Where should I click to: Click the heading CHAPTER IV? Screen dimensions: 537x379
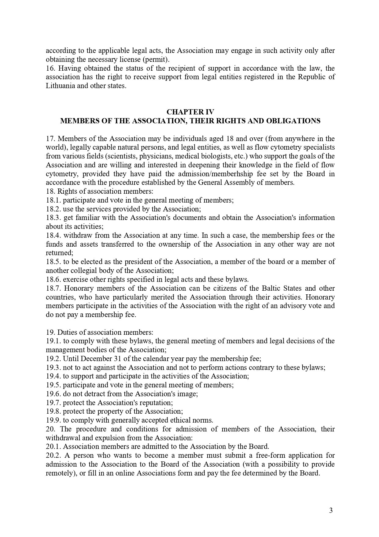click(190, 112)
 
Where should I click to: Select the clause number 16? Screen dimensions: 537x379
click(50, 68)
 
